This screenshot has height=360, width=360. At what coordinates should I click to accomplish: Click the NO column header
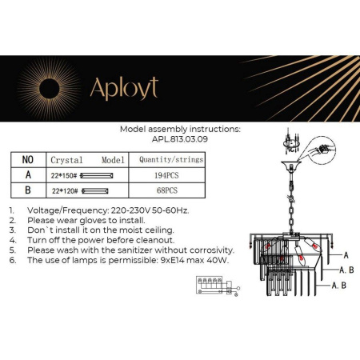28,159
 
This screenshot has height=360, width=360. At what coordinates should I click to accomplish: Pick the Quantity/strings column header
171,159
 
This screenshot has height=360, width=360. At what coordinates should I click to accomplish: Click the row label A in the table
28,174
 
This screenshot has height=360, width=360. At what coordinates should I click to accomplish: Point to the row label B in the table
28,190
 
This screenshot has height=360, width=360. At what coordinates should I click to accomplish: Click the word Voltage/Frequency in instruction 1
67,210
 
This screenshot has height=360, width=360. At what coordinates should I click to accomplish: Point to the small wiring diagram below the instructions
215,285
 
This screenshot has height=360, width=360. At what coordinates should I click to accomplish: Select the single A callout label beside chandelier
346,254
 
